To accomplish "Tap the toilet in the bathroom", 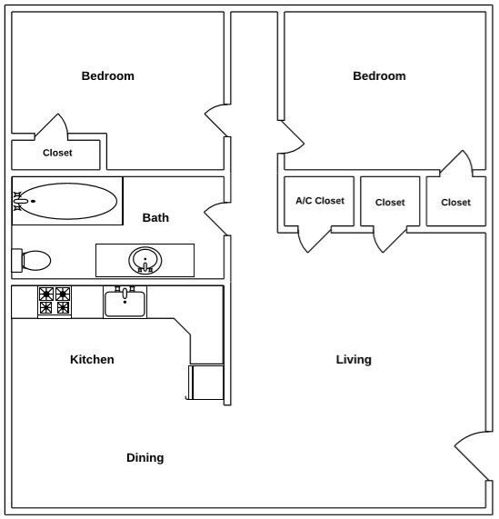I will (x=33, y=260).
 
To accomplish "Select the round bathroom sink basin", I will (x=145, y=261).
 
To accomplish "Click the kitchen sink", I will (x=125, y=302).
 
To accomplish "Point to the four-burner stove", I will (x=55, y=301).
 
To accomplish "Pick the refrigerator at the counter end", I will (x=205, y=382).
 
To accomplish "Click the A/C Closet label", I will (x=320, y=201).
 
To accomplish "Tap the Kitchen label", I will (x=92, y=360).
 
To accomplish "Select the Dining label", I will (x=145, y=458).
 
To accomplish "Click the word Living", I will (x=354, y=360).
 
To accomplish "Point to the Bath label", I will (x=155, y=218).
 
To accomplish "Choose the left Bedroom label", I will (x=107, y=76).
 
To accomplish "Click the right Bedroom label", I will (x=379, y=76).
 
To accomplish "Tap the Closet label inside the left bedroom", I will (x=57, y=153).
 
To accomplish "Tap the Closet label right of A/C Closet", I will (x=390, y=203).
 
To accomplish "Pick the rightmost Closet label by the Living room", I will (x=455, y=203).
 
